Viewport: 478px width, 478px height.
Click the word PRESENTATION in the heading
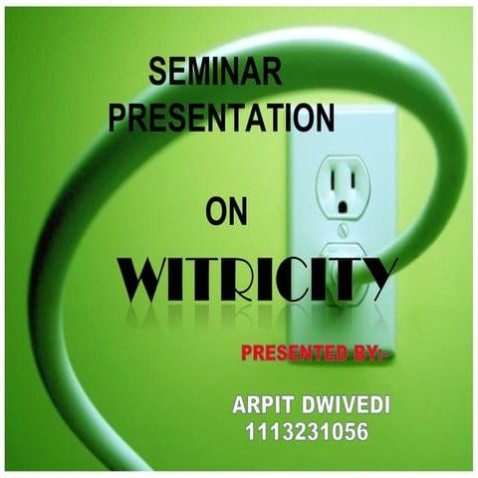221,118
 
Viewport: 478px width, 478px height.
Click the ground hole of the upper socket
344,207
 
